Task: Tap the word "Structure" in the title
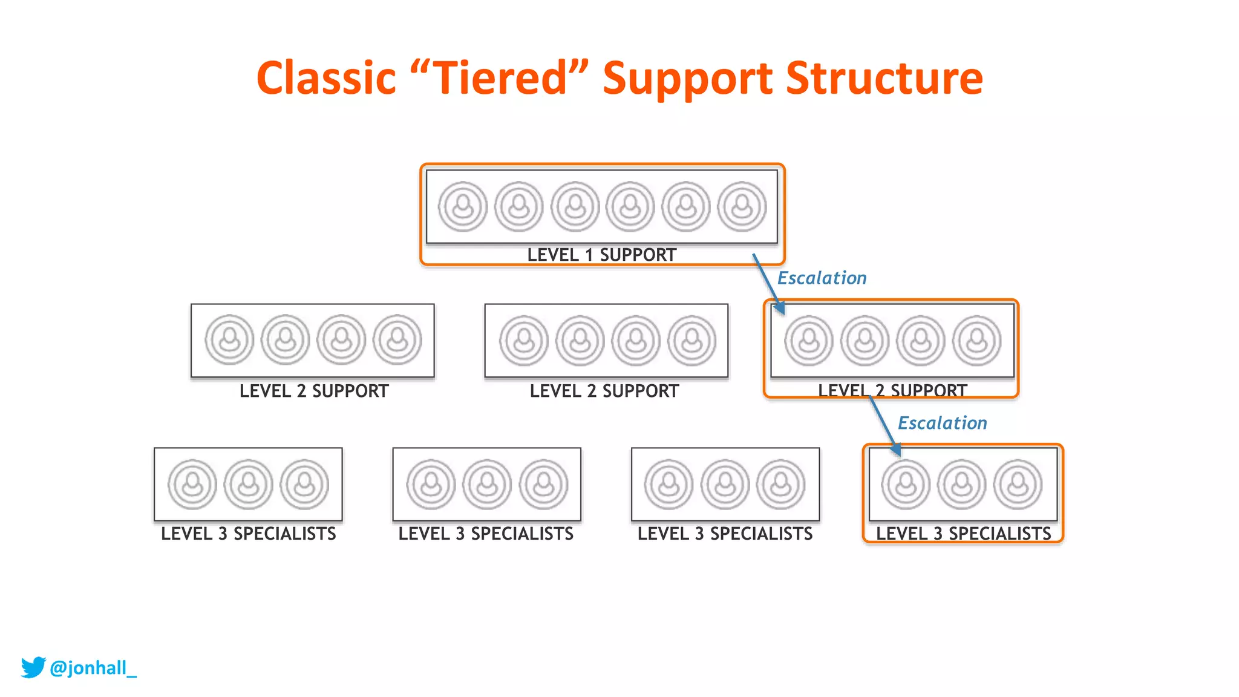pos(884,79)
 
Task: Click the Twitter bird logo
pos(33,667)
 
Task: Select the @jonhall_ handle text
pos(93,668)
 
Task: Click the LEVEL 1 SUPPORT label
pos(601,255)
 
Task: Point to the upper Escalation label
pos(822,278)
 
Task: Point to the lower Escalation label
pos(942,423)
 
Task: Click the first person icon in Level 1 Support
pos(463,207)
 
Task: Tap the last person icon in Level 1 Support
pos(742,207)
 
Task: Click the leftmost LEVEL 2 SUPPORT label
pos(314,391)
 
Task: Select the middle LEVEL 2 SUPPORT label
pos(604,391)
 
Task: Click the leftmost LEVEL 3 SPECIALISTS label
pos(248,534)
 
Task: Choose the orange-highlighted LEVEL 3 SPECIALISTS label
pos(963,534)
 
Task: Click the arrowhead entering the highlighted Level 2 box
pos(780,308)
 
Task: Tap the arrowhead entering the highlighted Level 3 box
pos(897,450)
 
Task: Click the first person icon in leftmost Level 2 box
pos(229,339)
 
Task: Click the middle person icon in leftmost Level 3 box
pos(248,484)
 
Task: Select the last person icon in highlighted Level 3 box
pos(1018,484)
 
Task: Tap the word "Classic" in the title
pos(326,79)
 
